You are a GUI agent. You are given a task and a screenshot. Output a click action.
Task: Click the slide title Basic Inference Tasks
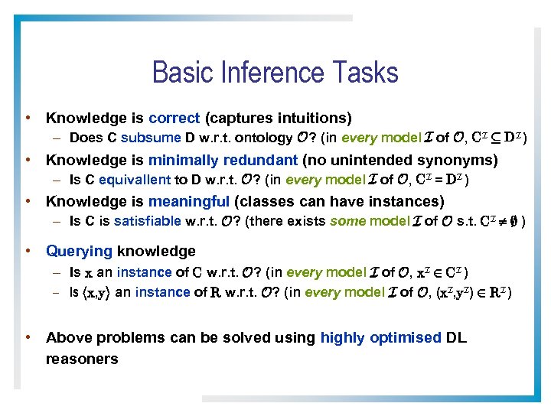(x=275, y=73)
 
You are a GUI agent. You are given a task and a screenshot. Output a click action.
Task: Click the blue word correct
(x=174, y=118)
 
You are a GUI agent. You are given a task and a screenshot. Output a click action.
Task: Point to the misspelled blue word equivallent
(x=141, y=180)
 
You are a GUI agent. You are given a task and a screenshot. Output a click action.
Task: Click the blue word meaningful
(x=188, y=201)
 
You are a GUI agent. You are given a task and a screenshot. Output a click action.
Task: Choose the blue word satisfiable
(x=150, y=222)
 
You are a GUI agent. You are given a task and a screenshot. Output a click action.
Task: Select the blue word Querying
(x=80, y=251)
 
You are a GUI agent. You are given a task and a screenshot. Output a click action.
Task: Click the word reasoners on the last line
(x=82, y=358)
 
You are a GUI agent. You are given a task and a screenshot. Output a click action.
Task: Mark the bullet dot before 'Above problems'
(x=28, y=337)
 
